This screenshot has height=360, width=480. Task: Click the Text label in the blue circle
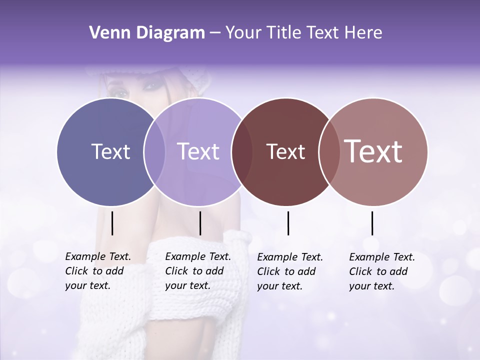[110, 151]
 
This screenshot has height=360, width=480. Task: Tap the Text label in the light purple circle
[198, 151]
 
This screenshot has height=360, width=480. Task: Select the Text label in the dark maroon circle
[285, 151]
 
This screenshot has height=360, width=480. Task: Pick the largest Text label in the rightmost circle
[373, 151]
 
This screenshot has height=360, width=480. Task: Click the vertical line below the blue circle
[112, 223]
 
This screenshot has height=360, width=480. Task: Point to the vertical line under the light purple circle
[200, 223]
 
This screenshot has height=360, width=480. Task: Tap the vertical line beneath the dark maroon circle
[288, 223]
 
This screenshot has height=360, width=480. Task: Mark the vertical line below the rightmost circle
[372, 223]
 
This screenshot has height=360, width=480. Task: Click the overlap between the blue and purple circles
[154, 151]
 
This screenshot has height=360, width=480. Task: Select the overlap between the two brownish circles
[326, 151]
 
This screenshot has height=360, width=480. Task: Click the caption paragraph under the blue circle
[98, 271]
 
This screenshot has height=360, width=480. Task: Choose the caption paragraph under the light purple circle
[198, 271]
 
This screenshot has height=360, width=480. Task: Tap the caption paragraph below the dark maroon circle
[290, 271]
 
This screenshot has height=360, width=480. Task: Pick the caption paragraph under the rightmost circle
[382, 271]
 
